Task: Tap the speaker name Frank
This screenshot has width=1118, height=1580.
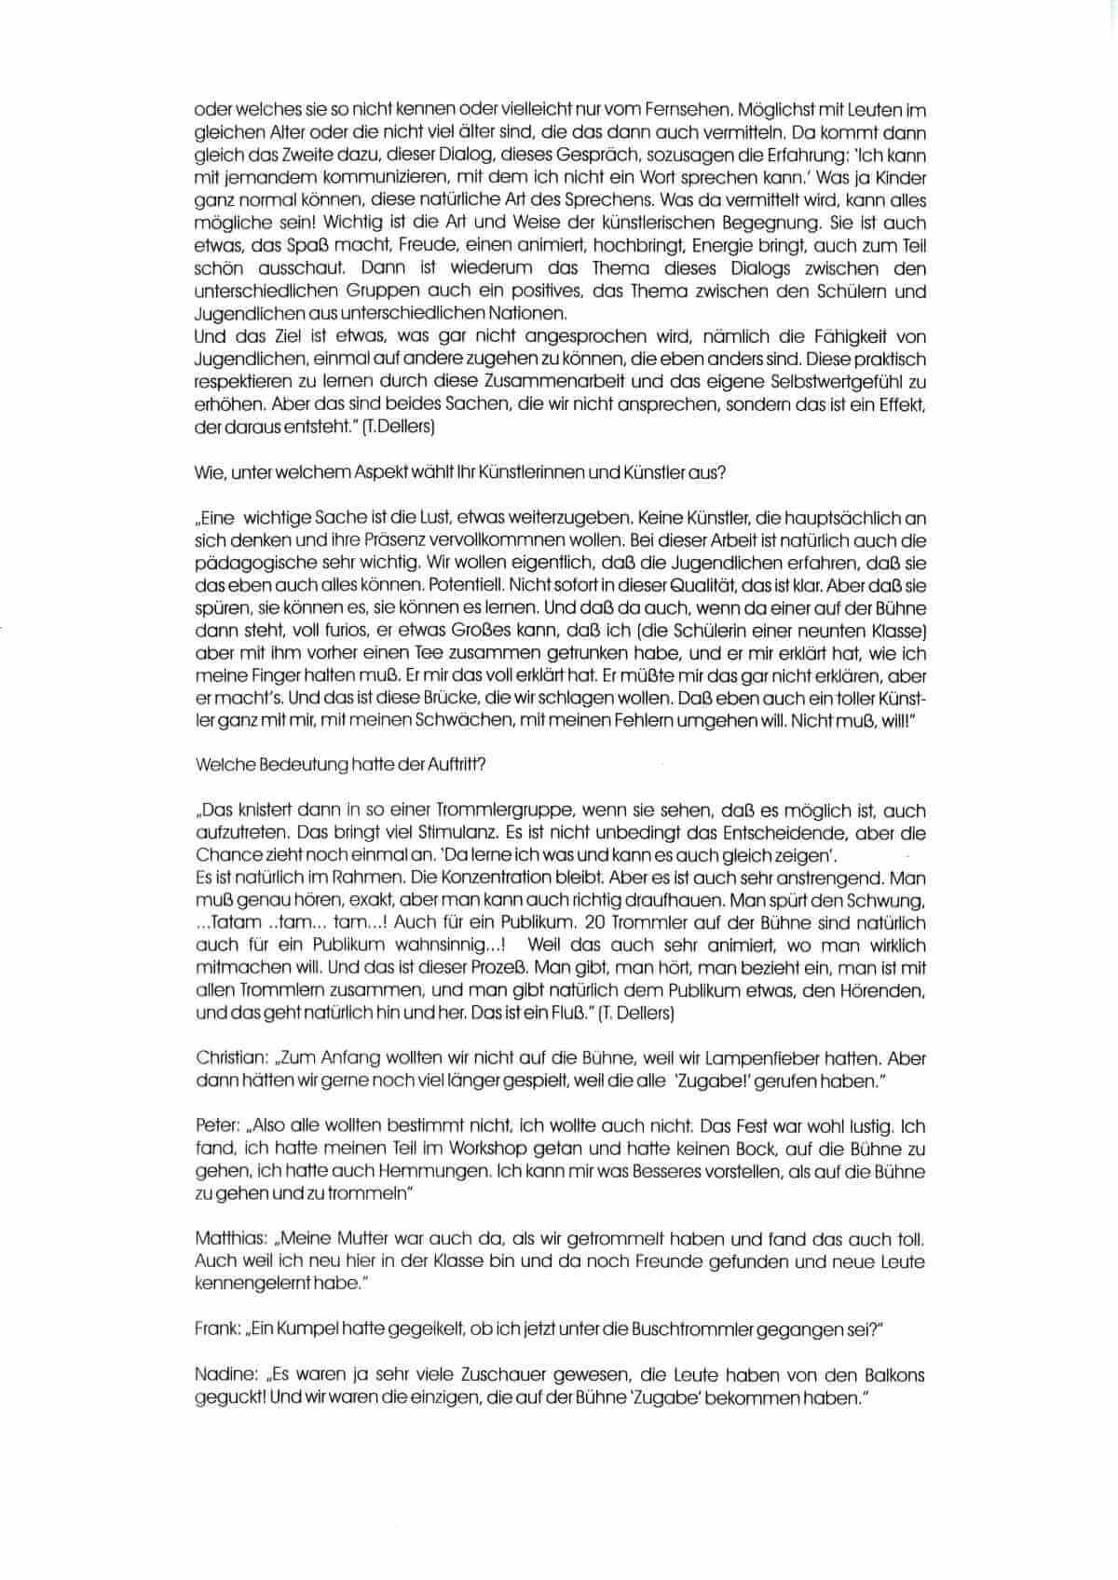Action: tap(217, 1329)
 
